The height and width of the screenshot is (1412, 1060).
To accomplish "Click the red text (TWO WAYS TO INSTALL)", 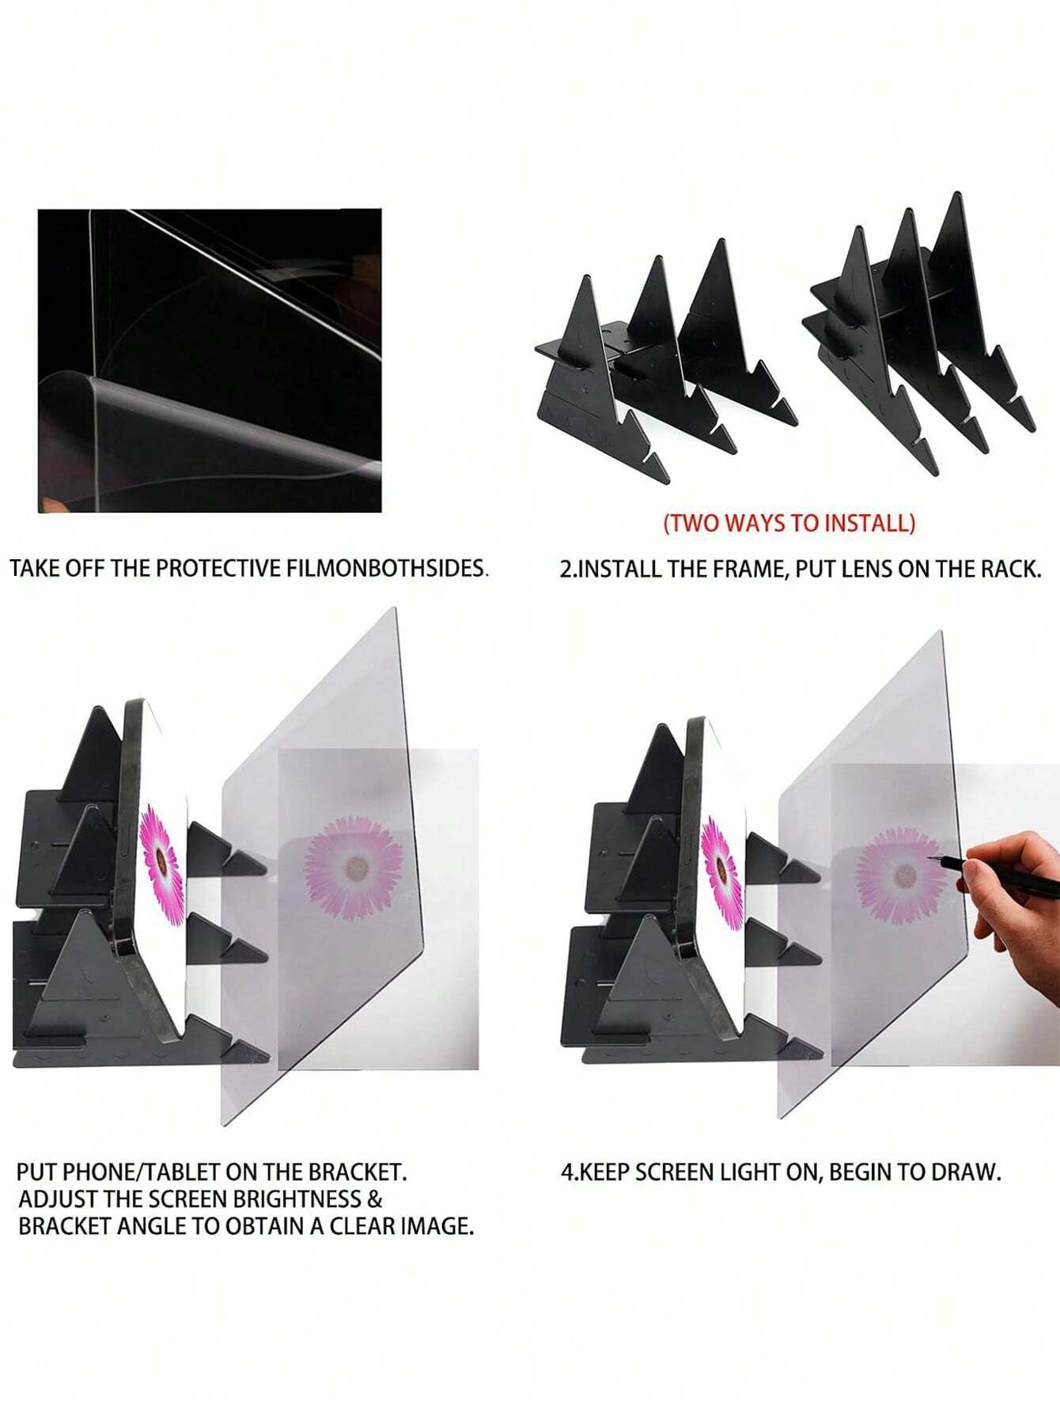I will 789,523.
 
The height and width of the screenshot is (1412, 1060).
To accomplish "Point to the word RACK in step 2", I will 1010,569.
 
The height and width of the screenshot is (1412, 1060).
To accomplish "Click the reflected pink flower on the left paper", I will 354,868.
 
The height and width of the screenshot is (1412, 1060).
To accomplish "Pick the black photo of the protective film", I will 210,360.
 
